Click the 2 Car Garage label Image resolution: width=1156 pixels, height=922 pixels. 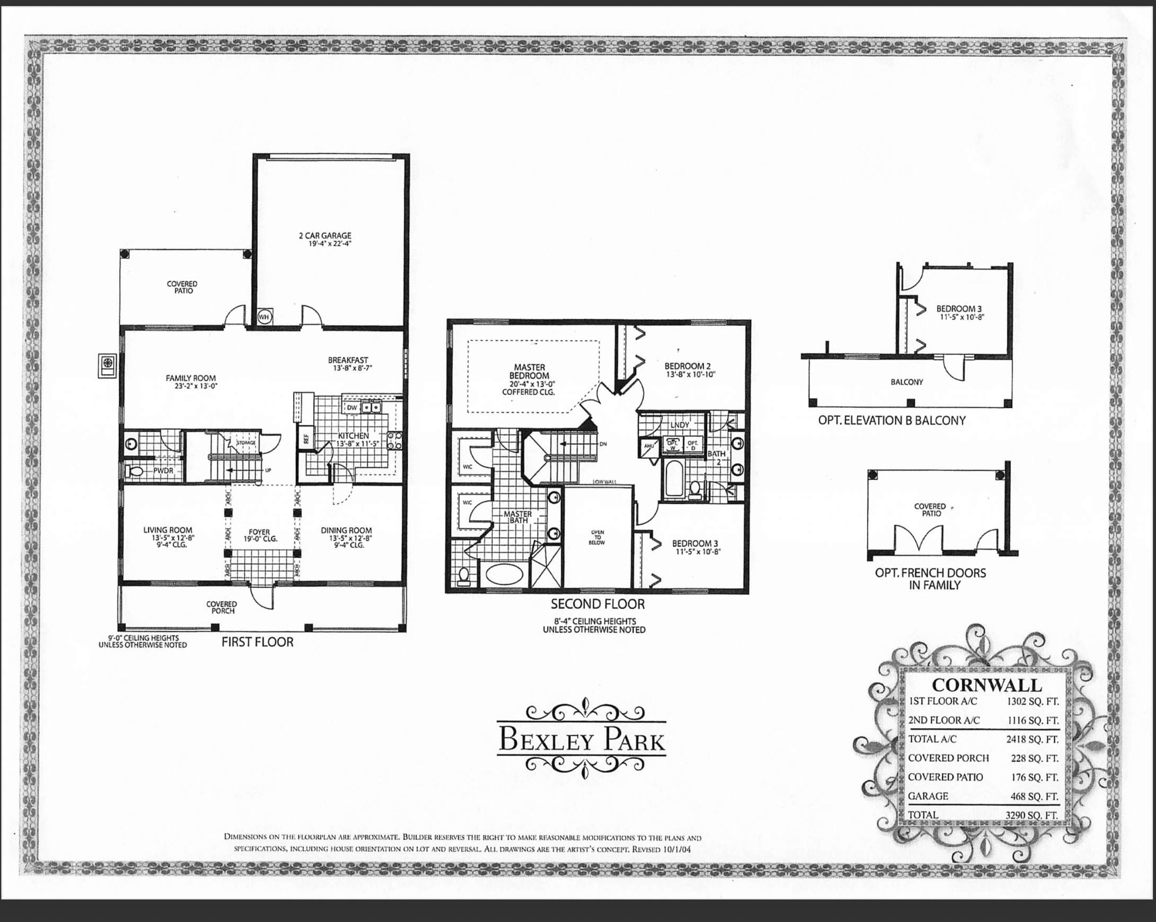tap(325, 236)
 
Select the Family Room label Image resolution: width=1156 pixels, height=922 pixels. tap(190, 378)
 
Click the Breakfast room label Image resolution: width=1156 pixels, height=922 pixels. tap(348, 360)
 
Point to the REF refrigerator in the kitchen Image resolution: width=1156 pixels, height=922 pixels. tap(307, 439)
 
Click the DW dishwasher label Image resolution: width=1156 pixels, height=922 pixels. tap(352, 408)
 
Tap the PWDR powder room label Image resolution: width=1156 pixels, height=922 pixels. tap(163, 471)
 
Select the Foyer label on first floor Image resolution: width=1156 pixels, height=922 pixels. tap(259, 532)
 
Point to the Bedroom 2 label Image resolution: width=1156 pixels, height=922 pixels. tap(687, 366)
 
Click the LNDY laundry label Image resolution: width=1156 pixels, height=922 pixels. tap(679, 425)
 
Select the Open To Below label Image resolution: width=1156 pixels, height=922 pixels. tap(597, 537)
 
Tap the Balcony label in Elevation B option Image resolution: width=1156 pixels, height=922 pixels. tap(907, 382)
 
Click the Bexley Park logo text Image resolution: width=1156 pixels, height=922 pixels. tap(582, 740)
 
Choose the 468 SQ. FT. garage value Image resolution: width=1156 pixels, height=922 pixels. tap(1034, 796)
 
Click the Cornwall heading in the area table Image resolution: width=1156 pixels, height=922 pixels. tap(986, 685)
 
